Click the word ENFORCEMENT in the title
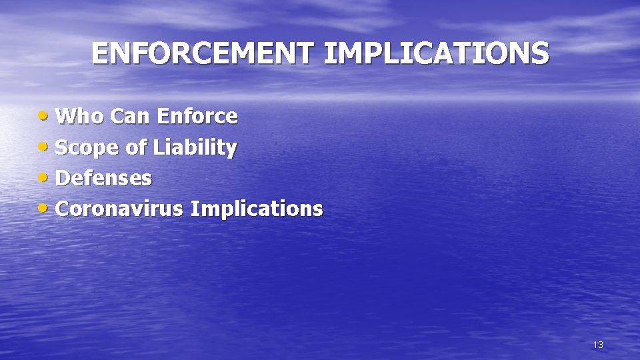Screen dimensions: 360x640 [204, 54]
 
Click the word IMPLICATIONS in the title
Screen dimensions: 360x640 [437, 54]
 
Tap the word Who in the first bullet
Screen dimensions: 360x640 [80, 117]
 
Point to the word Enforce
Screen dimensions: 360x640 [197, 117]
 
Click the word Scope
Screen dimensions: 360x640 [87, 148]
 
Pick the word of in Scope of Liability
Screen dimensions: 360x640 [136, 147]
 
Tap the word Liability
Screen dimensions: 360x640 [195, 148]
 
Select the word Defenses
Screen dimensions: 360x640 [104, 178]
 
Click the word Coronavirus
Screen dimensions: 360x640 [119, 209]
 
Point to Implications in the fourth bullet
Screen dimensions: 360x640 [257, 209]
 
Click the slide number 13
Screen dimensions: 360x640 [598, 345]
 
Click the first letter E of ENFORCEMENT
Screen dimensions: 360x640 [99, 54]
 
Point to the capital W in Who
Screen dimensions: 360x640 [67, 117]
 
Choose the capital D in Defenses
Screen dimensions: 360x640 [64, 178]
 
